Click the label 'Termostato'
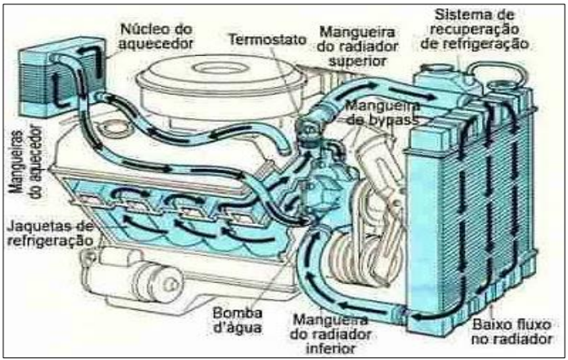pos(268,39)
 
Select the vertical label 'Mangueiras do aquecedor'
pos(25,161)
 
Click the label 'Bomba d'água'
pos(238,319)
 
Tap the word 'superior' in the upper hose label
pos(357,61)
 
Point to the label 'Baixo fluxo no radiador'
pos(512,331)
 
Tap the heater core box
pos(63,77)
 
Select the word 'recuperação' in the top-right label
pos(474,30)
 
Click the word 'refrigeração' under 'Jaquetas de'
pos(50,241)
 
